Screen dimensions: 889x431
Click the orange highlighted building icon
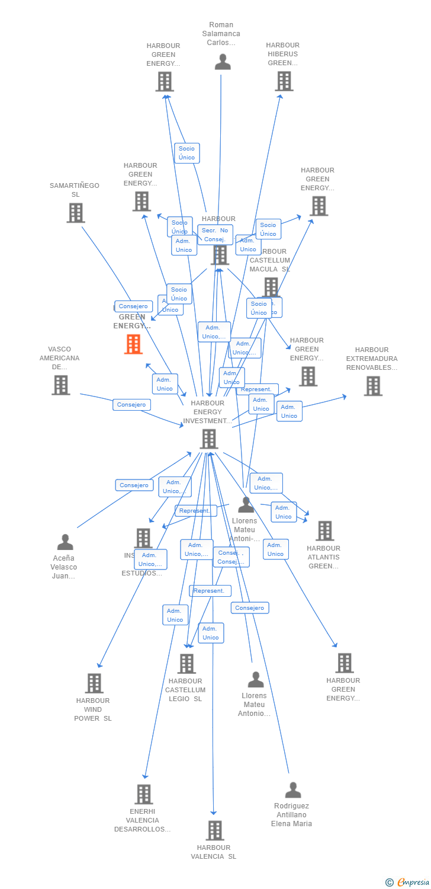(x=133, y=344)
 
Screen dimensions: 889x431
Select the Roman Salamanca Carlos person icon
(x=223, y=62)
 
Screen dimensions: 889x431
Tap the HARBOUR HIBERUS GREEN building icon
(x=284, y=81)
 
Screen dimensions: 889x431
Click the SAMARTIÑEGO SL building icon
(x=76, y=213)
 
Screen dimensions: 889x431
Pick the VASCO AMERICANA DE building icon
(x=60, y=385)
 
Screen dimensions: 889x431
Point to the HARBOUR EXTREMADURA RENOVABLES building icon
(x=372, y=386)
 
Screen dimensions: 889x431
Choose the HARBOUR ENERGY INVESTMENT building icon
(x=209, y=439)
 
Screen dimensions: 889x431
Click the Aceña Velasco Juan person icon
(x=65, y=542)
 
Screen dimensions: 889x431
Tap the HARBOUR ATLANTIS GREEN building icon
(x=324, y=531)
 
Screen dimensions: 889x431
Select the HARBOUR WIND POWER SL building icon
(x=94, y=683)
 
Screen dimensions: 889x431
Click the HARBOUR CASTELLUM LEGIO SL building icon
(x=186, y=664)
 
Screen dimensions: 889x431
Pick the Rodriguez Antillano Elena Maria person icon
(x=293, y=790)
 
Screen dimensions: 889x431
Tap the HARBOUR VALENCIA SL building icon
(x=215, y=830)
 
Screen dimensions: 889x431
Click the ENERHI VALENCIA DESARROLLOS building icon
(x=144, y=794)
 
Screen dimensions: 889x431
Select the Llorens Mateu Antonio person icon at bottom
(x=256, y=679)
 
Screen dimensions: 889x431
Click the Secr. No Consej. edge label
(x=215, y=235)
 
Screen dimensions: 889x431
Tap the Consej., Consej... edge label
(x=231, y=557)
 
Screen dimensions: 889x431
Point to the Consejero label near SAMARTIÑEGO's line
(x=133, y=306)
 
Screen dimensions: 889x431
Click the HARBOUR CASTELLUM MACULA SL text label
(x=270, y=260)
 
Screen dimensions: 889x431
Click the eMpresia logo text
(x=414, y=882)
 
